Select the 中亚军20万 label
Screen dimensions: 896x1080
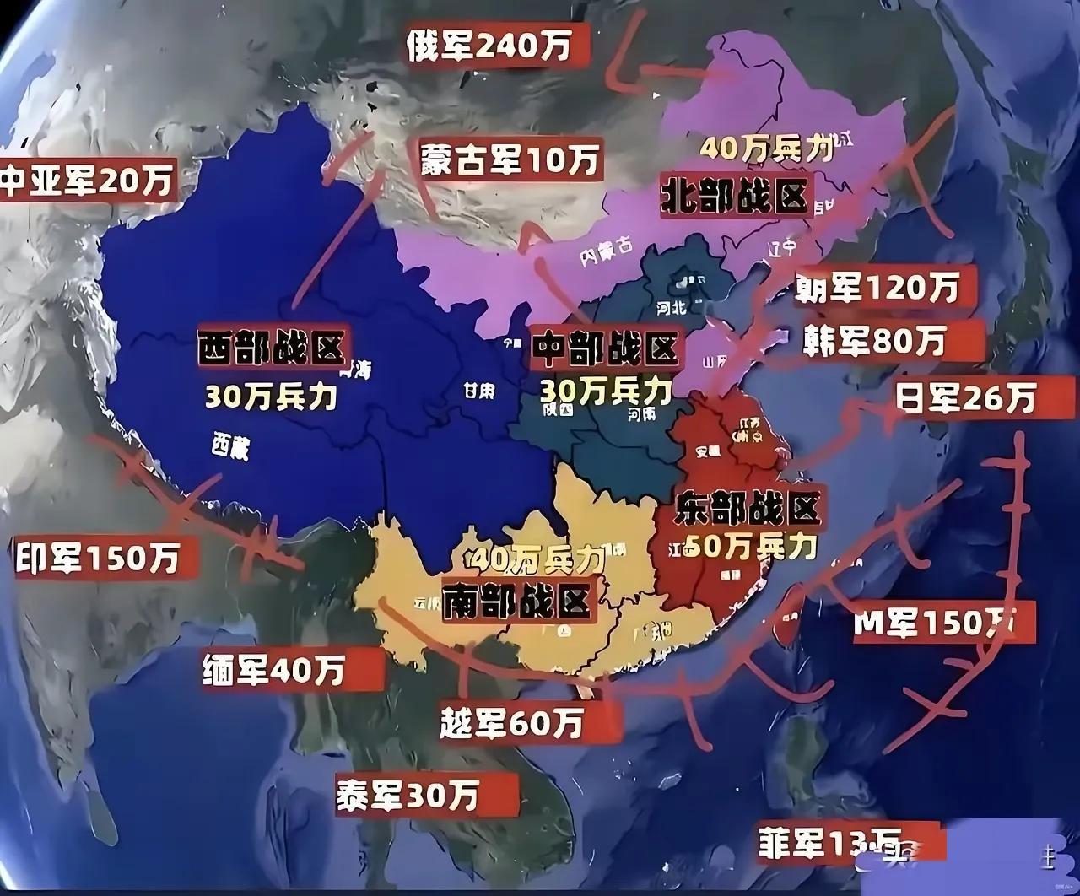click(x=87, y=180)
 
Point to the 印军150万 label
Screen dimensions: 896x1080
click(x=97, y=559)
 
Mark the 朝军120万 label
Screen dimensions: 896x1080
click(x=877, y=289)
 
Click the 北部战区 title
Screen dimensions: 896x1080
click(x=734, y=196)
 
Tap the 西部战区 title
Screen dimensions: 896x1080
click(x=272, y=348)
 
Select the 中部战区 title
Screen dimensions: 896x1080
click(x=606, y=350)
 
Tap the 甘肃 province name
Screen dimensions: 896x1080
click(x=478, y=391)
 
